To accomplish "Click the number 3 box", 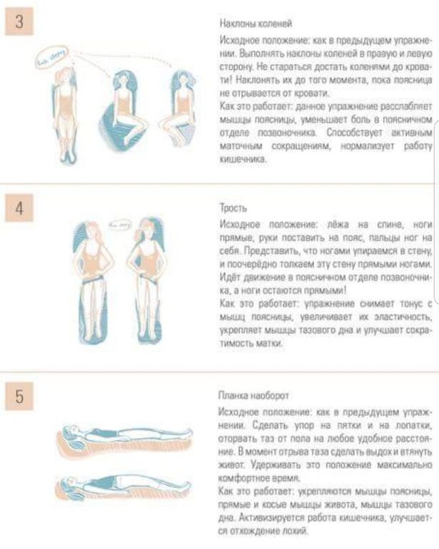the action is (x=19, y=21).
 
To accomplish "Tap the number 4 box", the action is (x=19, y=207).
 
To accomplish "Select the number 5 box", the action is (x=19, y=396).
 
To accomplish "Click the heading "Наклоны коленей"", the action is (x=256, y=24).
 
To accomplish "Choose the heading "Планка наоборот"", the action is (x=253, y=396).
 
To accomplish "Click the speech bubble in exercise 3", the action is (x=51, y=56).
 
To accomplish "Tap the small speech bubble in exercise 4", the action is (x=119, y=225).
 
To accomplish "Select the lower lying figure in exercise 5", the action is (x=123, y=488).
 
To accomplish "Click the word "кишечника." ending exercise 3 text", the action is (x=243, y=159).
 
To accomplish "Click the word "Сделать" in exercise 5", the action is (x=270, y=426).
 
